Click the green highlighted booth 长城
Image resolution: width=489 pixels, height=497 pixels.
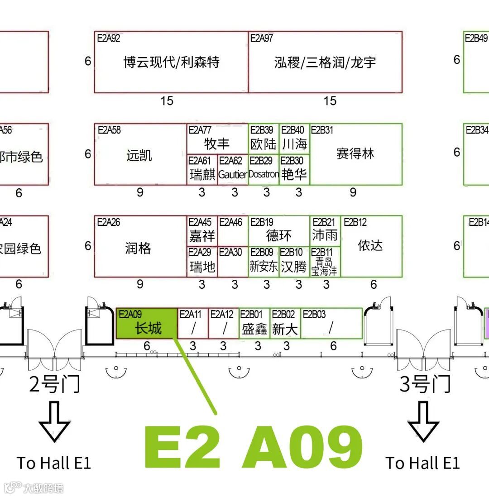147,324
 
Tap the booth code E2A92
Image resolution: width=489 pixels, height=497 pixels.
109,38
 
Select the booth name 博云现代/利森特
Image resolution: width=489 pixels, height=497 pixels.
171,62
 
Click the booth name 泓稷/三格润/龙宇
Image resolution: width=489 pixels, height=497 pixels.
325,62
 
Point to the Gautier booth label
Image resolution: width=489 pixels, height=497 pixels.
233,174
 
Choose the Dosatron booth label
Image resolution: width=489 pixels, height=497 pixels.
264,174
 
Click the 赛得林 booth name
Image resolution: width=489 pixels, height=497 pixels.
355,154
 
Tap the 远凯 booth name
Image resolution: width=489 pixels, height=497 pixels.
139,156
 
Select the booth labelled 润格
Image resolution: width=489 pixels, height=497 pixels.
138,248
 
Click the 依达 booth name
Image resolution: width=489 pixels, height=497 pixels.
370,245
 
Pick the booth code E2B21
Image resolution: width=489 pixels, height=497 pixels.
324,222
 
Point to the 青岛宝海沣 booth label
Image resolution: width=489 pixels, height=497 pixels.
324,267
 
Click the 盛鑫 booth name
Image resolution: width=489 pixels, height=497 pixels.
254,329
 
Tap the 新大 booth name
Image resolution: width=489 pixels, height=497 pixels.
285,329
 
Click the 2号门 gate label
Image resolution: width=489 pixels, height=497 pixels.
54,385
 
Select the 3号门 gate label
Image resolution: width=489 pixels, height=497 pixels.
425,385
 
